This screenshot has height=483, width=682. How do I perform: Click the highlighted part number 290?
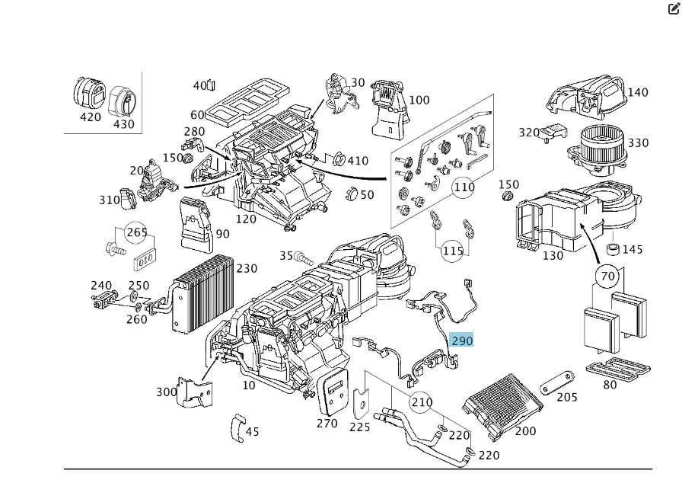[x=462, y=341]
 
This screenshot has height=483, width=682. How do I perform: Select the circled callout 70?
[x=607, y=276]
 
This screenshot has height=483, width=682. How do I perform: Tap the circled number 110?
[x=464, y=187]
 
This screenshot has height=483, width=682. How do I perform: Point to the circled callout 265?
[x=136, y=232]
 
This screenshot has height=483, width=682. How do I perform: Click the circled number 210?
[x=421, y=402]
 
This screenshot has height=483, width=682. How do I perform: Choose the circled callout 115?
[x=453, y=251]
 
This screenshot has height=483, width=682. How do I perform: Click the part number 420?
[x=90, y=117]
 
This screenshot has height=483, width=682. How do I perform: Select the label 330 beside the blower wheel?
[x=638, y=142]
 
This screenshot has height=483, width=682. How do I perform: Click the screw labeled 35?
[x=304, y=257]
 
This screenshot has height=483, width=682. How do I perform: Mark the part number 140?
[x=637, y=92]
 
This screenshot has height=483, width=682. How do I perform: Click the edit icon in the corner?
[x=674, y=8]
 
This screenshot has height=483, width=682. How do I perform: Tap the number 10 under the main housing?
[x=249, y=385]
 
